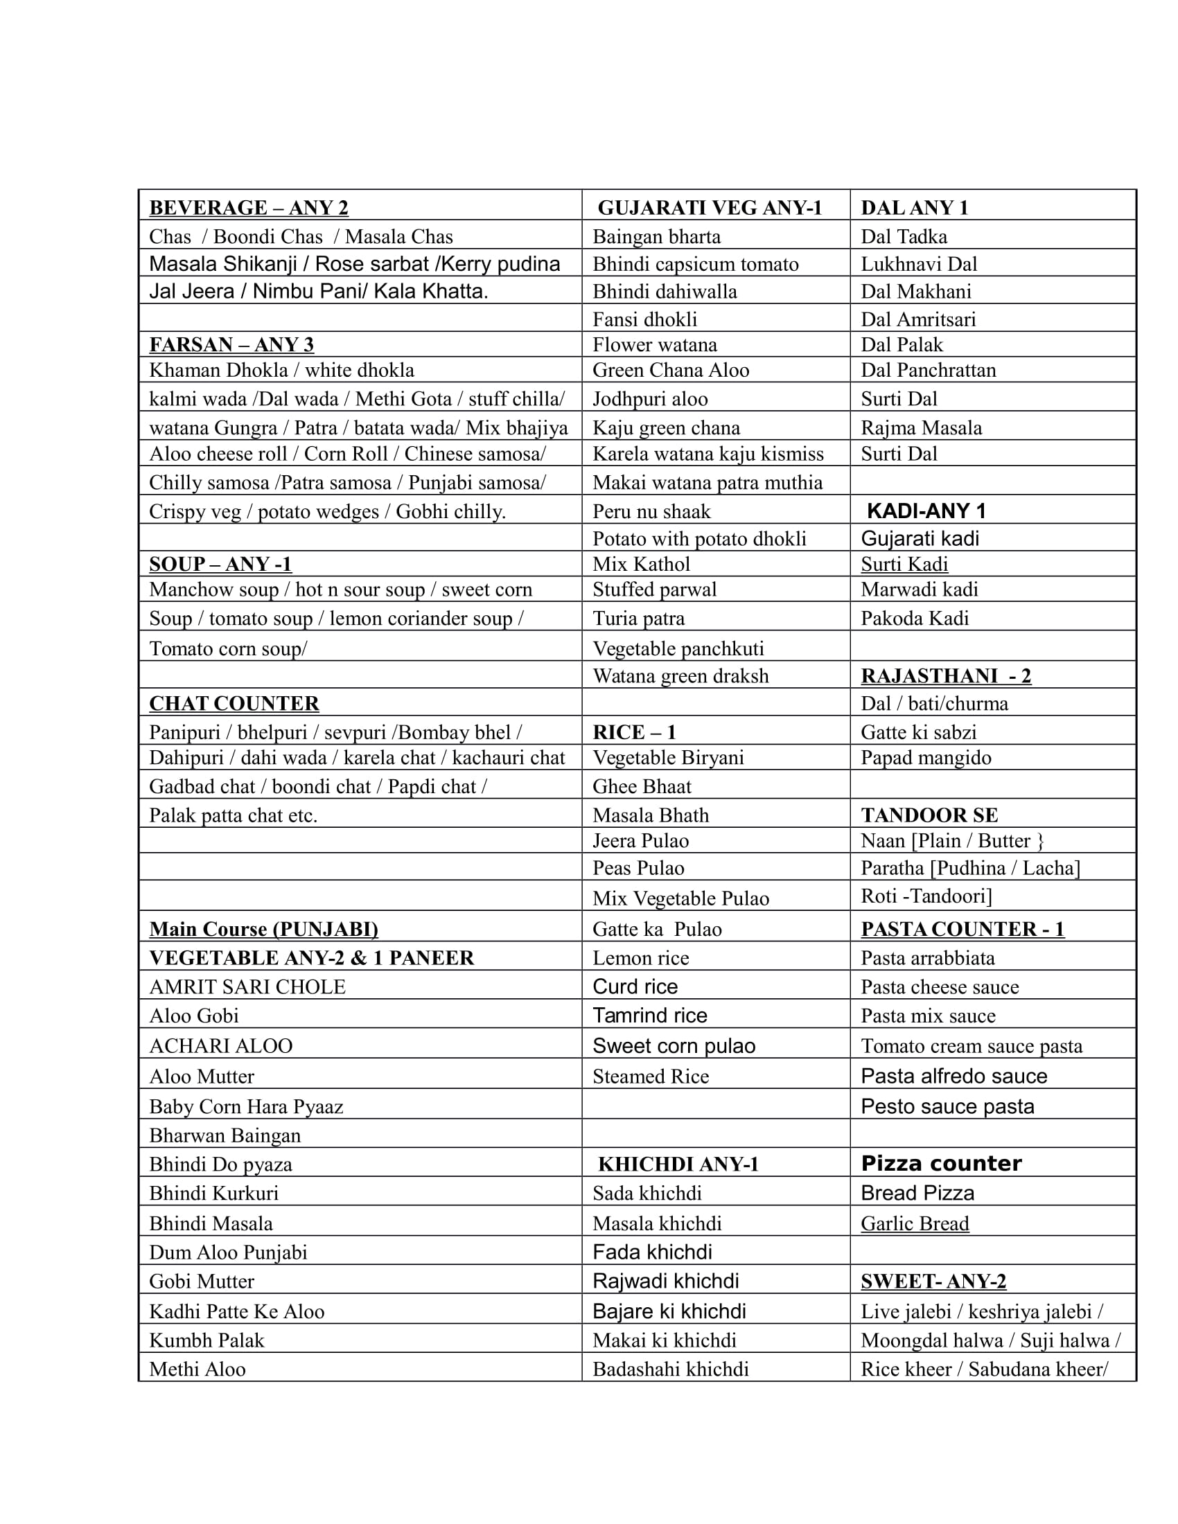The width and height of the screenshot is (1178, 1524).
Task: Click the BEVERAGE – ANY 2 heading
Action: tap(249, 208)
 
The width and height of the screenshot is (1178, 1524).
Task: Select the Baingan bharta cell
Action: tap(656, 236)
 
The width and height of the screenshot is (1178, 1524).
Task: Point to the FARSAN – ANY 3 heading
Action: tap(231, 345)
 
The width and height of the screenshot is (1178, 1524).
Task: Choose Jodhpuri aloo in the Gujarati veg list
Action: tap(650, 398)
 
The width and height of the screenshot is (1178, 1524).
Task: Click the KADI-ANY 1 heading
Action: tap(926, 511)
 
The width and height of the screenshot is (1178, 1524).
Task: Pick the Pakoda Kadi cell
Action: tap(914, 618)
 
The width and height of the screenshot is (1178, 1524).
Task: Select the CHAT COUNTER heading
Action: tap(234, 703)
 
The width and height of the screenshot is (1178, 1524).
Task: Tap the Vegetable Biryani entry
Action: tap(668, 758)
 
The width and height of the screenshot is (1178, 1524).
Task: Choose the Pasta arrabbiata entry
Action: tap(927, 958)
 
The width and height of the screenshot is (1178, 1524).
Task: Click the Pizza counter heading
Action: tap(941, 1163)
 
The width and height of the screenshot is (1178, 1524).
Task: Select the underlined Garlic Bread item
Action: tap(914, 1223)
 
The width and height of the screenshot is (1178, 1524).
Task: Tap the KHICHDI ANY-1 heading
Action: tap(678, 1164)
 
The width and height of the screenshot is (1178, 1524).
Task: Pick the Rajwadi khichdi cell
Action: tap(665, 1281)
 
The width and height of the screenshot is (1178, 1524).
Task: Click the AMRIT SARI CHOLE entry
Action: tap(247, 986)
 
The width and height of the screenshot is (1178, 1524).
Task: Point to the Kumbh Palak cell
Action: tap(206, 1340)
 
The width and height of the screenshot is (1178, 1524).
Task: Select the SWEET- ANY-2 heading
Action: tap(933, 1281)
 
